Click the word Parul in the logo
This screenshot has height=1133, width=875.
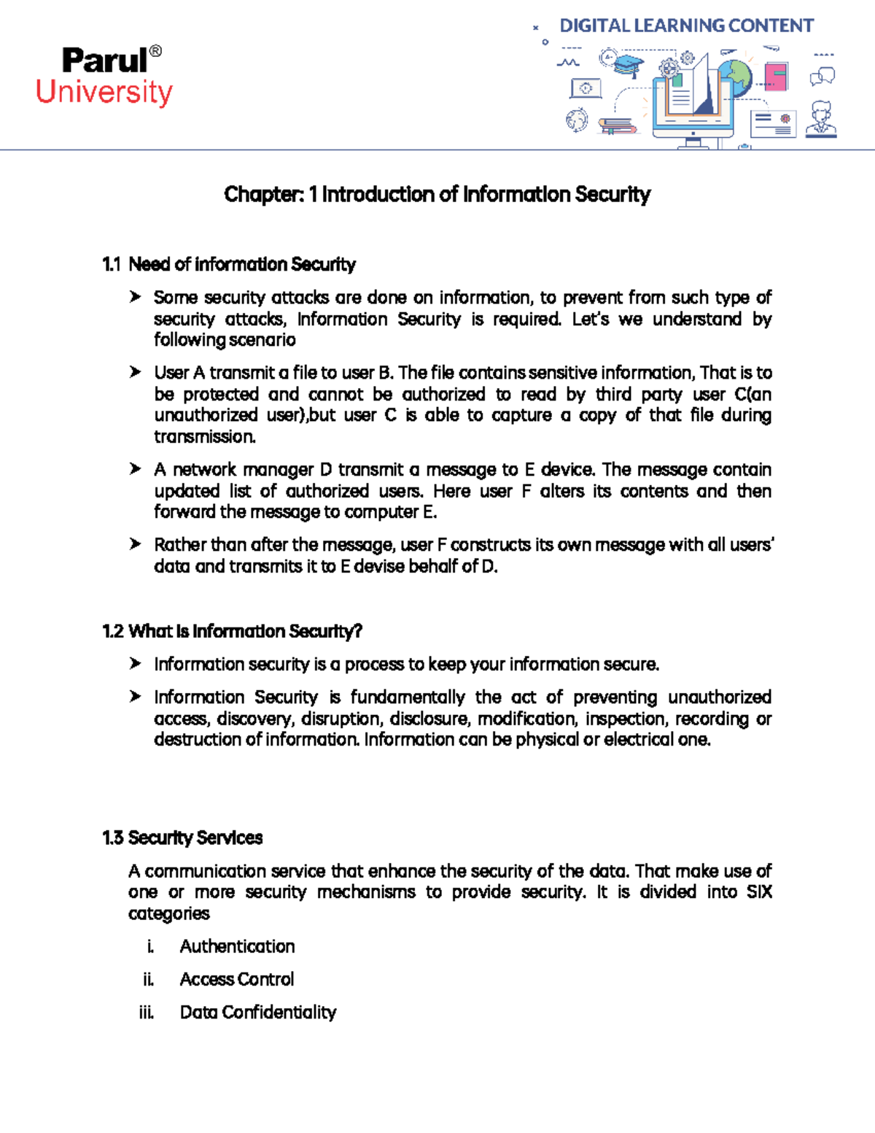[104, 61]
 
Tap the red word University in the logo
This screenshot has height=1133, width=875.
[104, 93]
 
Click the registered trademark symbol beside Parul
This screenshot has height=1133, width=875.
[155, 52]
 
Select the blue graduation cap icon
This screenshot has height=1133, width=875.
[628, 65]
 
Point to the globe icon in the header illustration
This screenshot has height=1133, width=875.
[735, 75]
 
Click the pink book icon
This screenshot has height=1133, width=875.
[776, 77]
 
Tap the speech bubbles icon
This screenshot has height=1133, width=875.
[822, 76]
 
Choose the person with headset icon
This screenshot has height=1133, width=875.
[822, 119]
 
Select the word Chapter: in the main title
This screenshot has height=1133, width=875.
[263, 195]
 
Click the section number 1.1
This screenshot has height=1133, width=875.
[112, 264]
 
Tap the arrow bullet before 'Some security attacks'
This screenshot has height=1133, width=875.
[135, 297]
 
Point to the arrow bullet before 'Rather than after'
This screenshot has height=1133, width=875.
[135, 544]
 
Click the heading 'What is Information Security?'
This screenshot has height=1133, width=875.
[245, 631]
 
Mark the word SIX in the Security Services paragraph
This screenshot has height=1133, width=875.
[758, 892]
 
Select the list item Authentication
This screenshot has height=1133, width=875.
[237, 946]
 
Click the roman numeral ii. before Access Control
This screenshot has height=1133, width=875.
[148, 979]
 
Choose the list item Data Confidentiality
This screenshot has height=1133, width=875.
[257, 1012]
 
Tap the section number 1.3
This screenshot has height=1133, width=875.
[112, 838]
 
